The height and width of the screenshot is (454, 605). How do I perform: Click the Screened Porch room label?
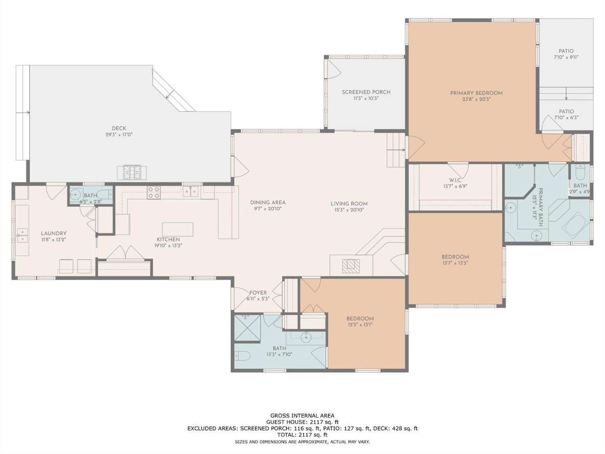coord(366,92)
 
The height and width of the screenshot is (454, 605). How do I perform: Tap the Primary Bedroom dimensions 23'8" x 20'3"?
coord(476,99)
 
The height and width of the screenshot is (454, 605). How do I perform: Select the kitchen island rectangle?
coord(178,229)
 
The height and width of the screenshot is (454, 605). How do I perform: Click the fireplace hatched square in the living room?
coord(351,266)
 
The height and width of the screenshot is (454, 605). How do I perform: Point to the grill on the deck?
coord(131,172)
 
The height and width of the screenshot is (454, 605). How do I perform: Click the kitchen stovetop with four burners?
coord(154,192)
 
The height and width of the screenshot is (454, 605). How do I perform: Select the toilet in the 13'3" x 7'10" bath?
coord(242,356)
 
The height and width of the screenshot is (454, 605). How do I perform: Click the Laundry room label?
coord(53,233)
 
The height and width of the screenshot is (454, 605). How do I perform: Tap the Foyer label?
coord(258,293)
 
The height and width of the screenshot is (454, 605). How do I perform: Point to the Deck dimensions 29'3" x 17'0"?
coord(119,135)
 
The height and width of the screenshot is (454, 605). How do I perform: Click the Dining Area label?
coord(268,203)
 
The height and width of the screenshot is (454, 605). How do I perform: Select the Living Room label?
coord(349,204)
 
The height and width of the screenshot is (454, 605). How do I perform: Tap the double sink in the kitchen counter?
coord(191,191)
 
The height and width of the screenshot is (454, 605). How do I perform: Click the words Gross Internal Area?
coord(302,415)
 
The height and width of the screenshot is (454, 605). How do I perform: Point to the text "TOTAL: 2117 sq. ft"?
coord(302,435)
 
